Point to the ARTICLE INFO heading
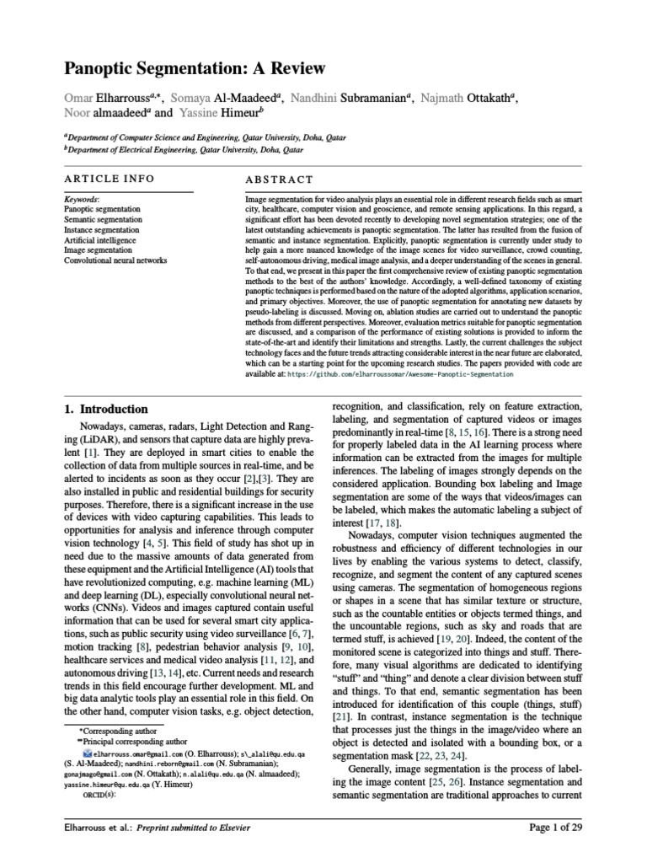110,180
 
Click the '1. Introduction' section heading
107,409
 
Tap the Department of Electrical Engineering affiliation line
184,148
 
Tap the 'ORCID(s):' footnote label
97,793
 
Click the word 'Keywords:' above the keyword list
81,198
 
